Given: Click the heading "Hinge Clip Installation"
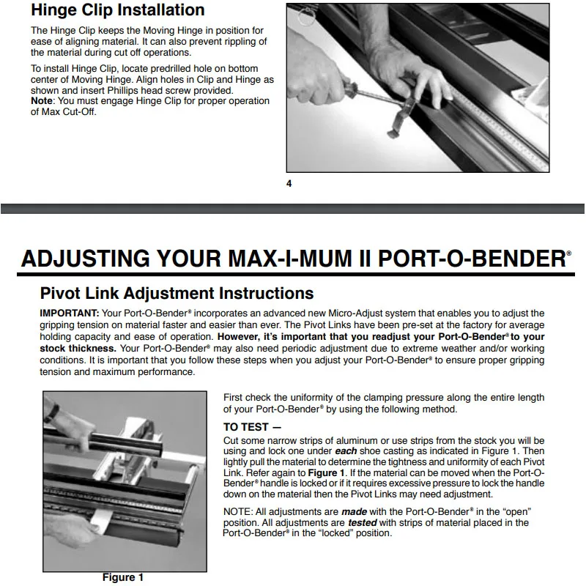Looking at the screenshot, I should coord(117,10).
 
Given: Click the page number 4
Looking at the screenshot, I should coord(289,183).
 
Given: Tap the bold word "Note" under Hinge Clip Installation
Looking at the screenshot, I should coord(42,101).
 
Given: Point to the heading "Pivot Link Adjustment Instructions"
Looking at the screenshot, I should coord(176,294).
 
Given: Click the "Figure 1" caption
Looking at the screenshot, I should coord(122,577).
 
